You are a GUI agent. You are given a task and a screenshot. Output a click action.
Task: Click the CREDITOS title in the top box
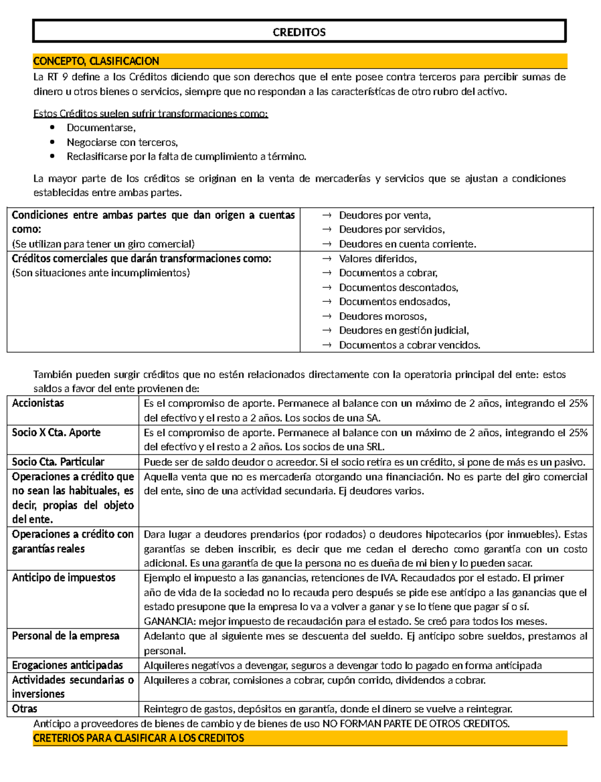click(x=299, y=33)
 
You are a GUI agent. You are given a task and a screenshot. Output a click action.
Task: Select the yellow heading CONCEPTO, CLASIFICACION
click(x=96, y=61)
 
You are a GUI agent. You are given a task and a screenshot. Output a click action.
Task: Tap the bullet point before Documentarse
click(x=53, y=128)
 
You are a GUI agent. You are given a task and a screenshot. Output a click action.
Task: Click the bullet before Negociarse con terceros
click(x=53, y=142)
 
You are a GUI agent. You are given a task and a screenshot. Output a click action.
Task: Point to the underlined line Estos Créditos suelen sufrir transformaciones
click(x=150, y=114)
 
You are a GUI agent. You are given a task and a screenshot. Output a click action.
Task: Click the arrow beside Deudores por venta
click(x=327, y=215)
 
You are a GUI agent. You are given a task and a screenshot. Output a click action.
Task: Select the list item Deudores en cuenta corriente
click(x=407, y=244)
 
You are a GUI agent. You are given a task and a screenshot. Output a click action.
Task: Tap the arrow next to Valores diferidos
click(x=327, y=259)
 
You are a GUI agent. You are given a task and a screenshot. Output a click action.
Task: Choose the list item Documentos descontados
click(x=398, y=288)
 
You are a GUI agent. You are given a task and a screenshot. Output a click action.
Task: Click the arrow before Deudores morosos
click(x=327, y=316)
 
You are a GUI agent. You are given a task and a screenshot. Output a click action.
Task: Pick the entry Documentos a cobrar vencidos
click(x=409, y=345)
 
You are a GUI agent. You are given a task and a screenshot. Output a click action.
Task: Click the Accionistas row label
click(x=38, y=404)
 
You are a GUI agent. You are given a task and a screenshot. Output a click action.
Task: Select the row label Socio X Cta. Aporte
click(x=56, y=433)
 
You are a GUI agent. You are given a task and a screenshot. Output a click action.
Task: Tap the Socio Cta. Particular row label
click(x=58, y=462)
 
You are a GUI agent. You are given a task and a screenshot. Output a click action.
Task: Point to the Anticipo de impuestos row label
click(x=64, y=578)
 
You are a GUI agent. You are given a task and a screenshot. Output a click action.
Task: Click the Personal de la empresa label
click(x=66, y=636)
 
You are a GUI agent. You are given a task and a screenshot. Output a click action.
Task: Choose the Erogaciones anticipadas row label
click(x=67, y=665)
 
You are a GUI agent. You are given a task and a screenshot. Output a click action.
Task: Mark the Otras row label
click(x=25, y=709)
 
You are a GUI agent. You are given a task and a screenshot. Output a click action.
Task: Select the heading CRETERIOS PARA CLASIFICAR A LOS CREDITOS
click(x=139, y=738)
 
